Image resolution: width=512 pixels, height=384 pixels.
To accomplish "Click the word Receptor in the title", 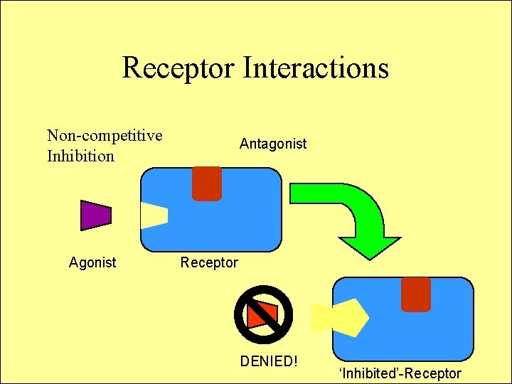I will (x=178, y=68).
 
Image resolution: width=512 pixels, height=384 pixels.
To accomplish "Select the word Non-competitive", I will (x=105, y=135).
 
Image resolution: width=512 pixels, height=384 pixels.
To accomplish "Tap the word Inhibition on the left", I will (x=80, y=156).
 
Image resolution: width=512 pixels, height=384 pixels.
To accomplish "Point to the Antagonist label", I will (x=273, y=144).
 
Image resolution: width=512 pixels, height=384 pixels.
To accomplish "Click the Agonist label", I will (x=92, y=262).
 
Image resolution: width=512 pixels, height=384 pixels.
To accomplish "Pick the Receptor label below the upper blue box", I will (x=209, y=262).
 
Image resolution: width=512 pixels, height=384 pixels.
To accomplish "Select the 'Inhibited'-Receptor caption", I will (x=400, y=373).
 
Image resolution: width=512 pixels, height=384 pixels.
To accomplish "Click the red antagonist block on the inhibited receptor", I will (x=416, y=294).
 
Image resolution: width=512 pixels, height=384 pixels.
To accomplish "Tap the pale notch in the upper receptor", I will (x=153, y=215).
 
